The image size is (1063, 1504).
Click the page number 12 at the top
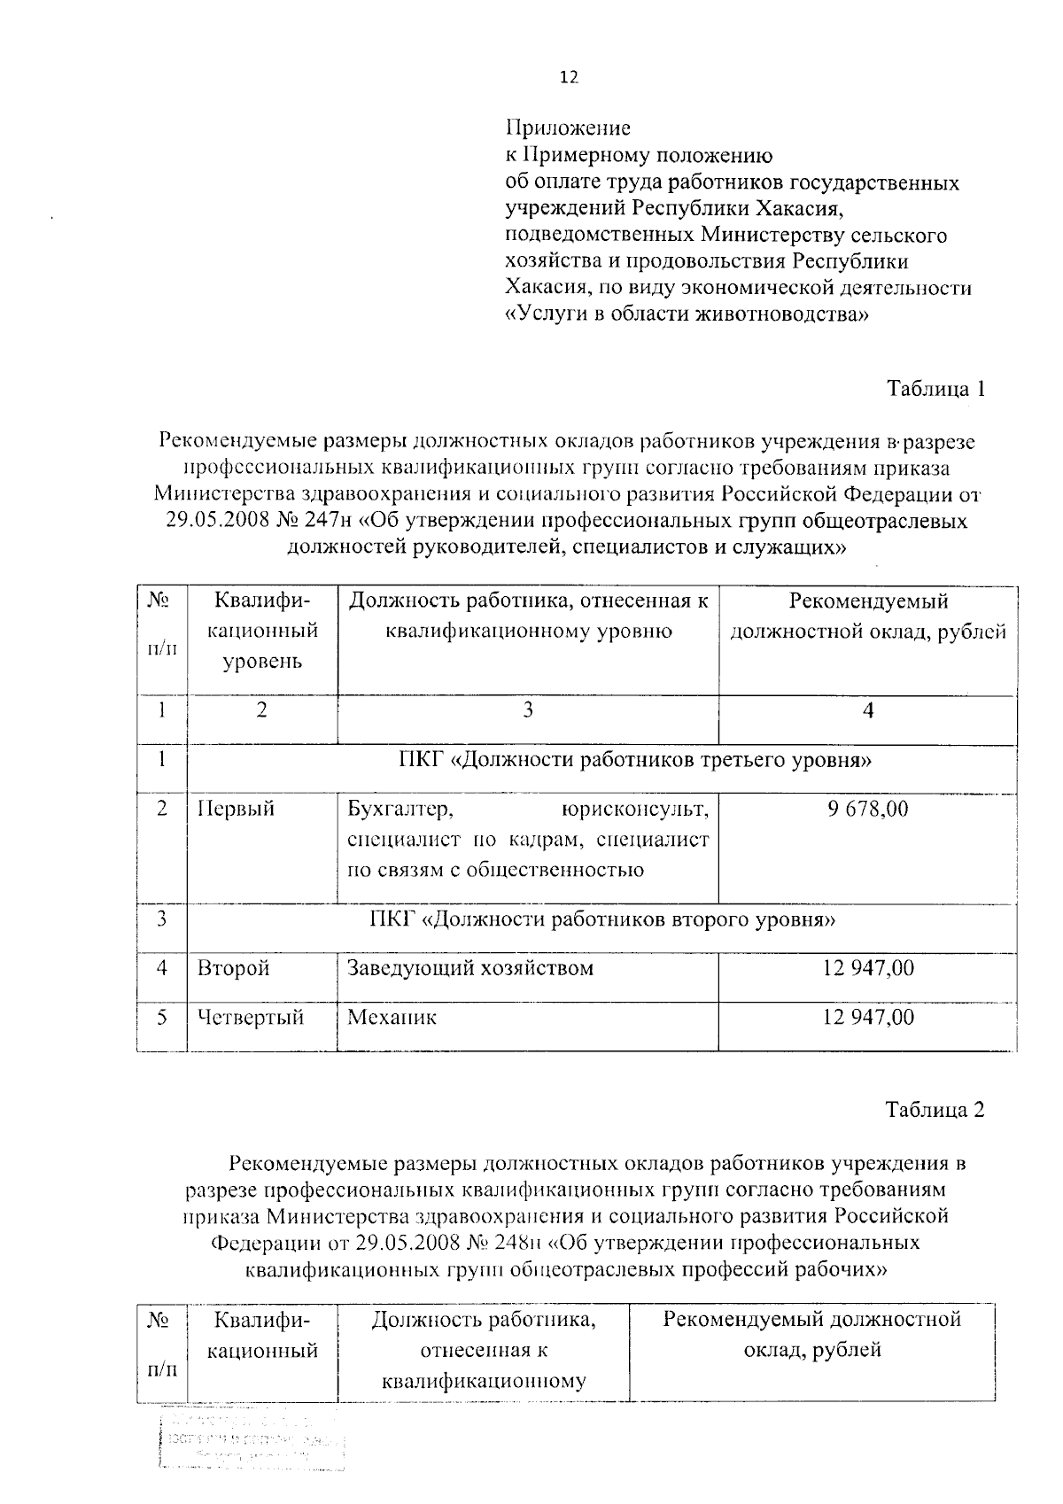(x=568, y=78)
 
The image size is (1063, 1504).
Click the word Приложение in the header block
(x=568, y=128)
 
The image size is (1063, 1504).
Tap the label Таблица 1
(x=936, y=389)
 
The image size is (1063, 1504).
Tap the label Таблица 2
(x=936, y=1110)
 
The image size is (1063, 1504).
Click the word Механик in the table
(x=392, y=1017)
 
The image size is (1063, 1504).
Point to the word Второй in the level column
(x=233, y=968)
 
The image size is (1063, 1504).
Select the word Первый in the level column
(x=236, y=809)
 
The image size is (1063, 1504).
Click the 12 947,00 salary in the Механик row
(x=868, y=1017)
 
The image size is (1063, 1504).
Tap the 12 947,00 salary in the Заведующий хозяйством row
(x=868, y=968)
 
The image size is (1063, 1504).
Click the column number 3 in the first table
(x=528, y=710)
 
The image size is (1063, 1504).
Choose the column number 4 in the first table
(x=868, y=710)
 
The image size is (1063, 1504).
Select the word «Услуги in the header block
(x=539, y=314)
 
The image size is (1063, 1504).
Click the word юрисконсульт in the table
(x=635, y=809)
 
